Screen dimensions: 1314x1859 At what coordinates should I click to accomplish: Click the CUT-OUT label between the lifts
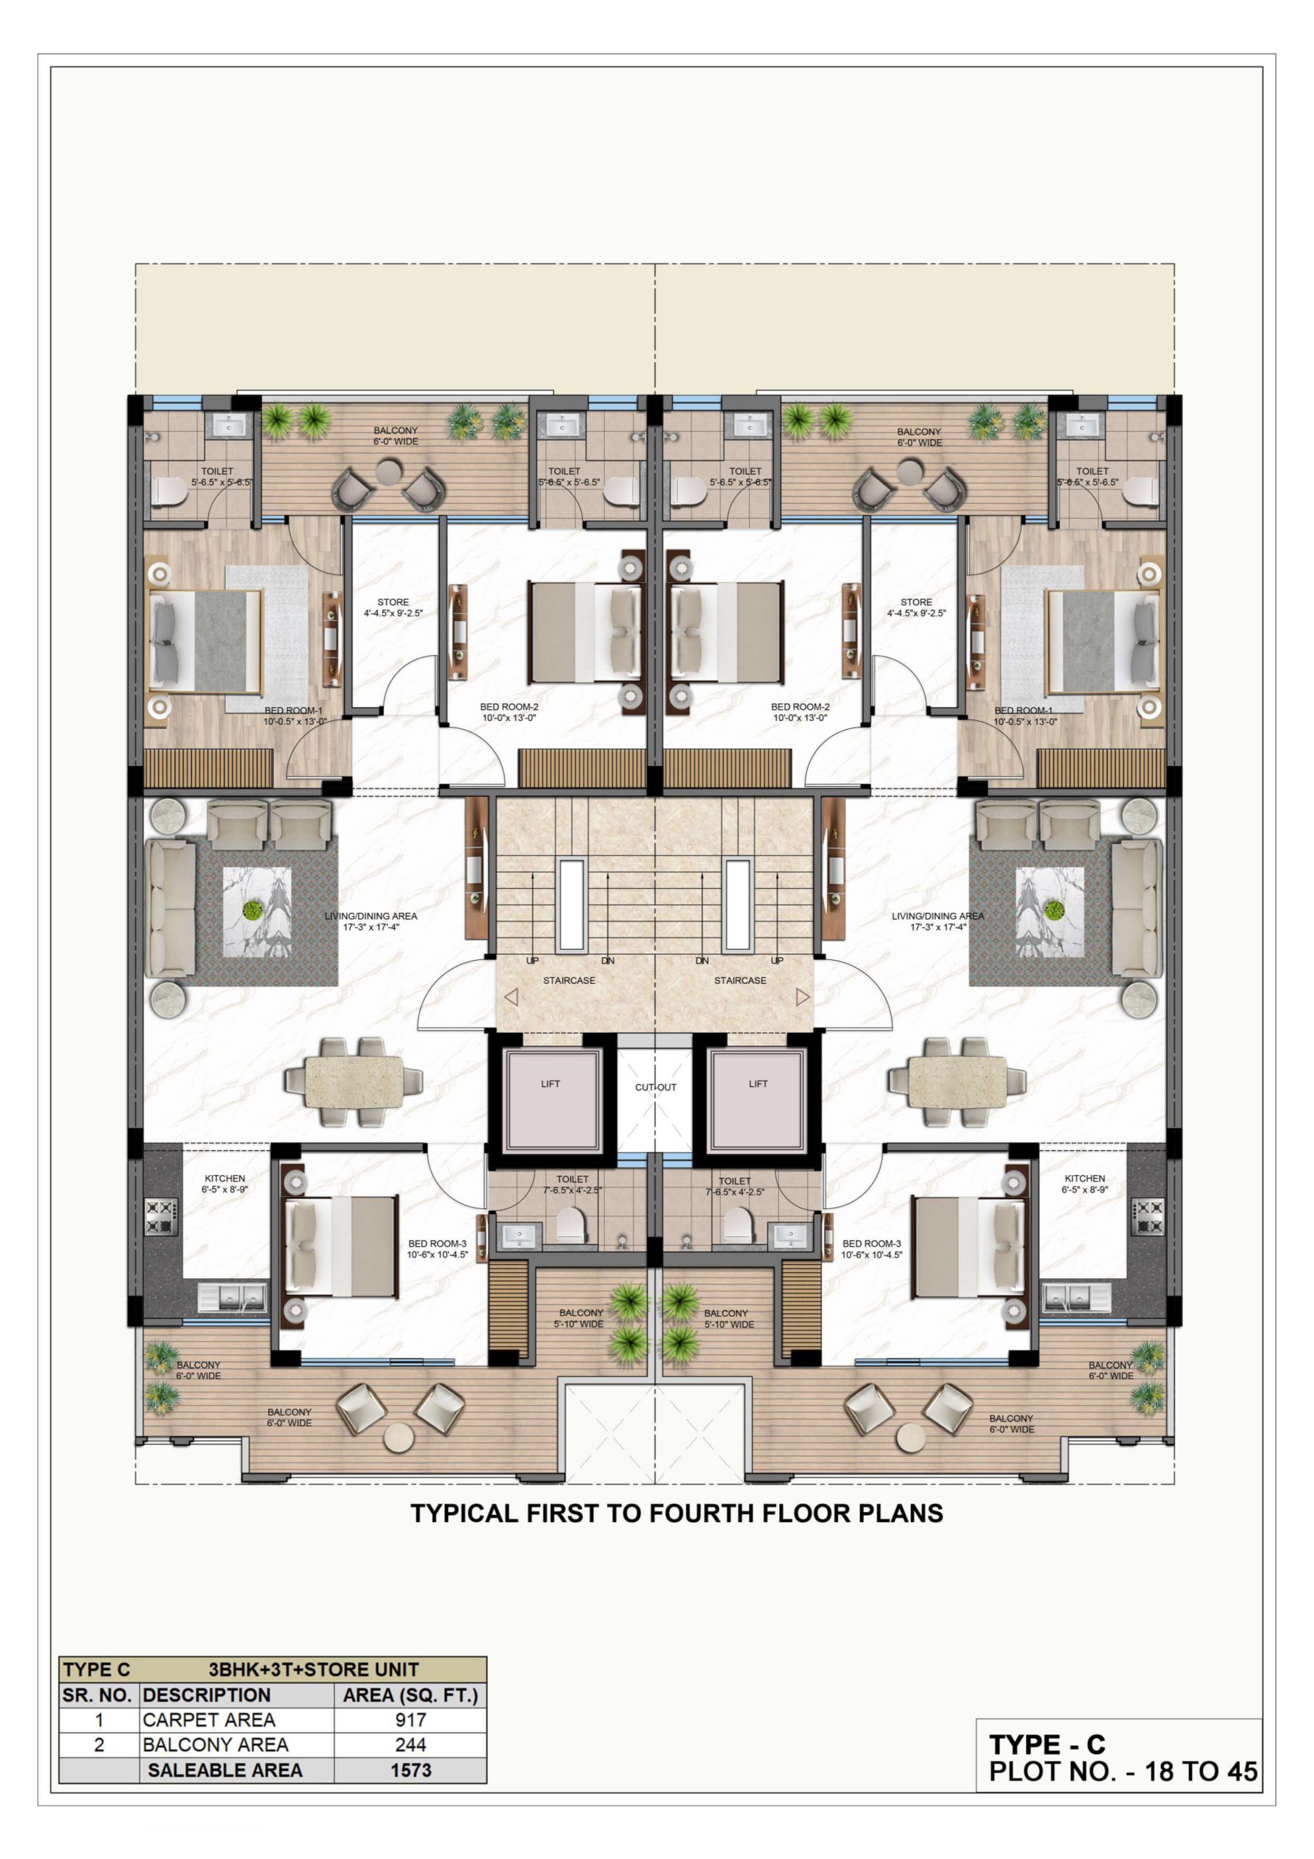(655, 1086)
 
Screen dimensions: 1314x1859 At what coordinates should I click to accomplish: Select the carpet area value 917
(410, 1719)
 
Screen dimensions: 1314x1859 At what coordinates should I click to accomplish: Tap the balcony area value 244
(410, 1744)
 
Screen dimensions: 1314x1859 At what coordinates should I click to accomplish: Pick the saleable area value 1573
(410, 1770)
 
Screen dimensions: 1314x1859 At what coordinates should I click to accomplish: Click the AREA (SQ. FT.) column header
(410, 1695)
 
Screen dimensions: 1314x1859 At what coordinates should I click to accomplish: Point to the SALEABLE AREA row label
(225, 1770)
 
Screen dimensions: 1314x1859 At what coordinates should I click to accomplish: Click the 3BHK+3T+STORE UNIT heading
(314, 1669)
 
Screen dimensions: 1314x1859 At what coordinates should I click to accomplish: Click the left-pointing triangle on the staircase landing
(511, 997)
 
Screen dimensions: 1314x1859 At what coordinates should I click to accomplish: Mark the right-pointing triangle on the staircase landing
(802, 997)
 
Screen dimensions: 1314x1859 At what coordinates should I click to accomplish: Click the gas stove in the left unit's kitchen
(160, 1217)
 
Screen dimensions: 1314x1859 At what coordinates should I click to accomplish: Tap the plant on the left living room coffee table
(253, 909)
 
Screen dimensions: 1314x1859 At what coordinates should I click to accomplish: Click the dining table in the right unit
(958, 1081)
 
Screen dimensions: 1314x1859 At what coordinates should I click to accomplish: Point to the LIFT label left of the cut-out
(550, 1083)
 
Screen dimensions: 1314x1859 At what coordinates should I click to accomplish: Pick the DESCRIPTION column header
(206, 1695)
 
